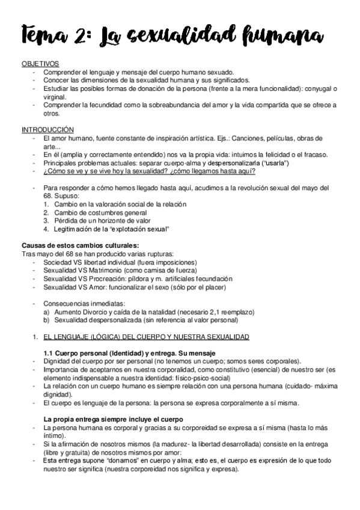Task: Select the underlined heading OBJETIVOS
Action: coord(40,63)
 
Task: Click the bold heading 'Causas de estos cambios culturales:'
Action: coord(79,245)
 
